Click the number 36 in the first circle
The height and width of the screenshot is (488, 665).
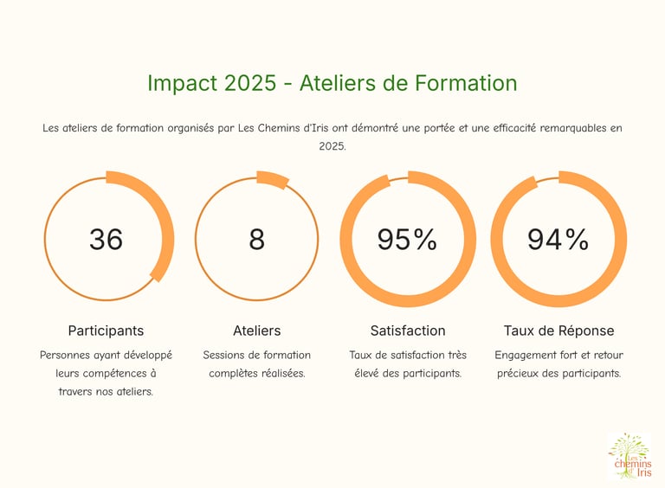106,239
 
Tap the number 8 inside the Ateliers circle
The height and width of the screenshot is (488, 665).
256,239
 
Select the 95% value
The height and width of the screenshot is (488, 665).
407,239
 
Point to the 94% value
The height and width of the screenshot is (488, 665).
558,239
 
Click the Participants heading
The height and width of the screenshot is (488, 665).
106,331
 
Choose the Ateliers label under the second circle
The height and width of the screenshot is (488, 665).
256,331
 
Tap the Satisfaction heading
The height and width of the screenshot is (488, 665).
407,331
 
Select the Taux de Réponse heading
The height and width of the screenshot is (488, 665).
558,331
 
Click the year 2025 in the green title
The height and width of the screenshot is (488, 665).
251,83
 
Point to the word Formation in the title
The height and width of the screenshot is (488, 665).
466,83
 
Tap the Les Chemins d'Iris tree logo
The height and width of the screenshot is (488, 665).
629,455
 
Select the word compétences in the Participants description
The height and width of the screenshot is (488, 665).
113,373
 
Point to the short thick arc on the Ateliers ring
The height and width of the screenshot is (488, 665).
273,179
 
